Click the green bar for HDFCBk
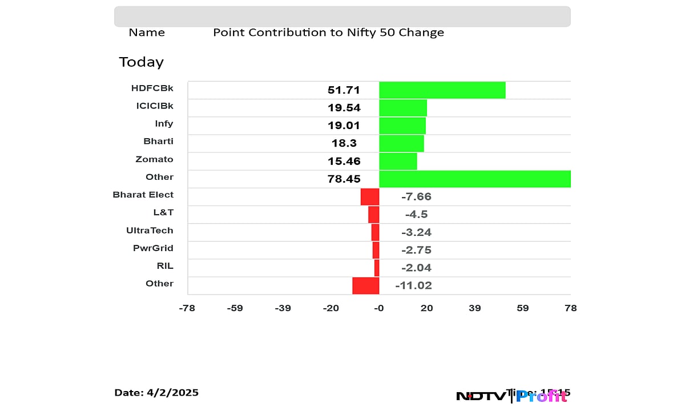click(x=442, y=90)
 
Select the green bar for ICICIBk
click(x=403, y=108)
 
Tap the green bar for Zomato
click(x=398, y=161)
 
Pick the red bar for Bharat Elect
click(x=370, y=196)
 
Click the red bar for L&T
click(x=373, y=214)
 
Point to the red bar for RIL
click(x=377, y=268)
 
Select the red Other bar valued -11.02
click(x=366, y=285)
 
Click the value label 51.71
click(x=344, y=90)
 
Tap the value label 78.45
click(x=344, y=179)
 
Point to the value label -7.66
click(x=416, y=197)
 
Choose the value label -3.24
click(x=416, y=232)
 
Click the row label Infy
click(x=164, y=123)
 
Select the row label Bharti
click(x=158, y=141)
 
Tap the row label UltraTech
click(x=150, y=230)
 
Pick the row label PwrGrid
click(x=153, y=248)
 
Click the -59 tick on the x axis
click(x=235, y=308)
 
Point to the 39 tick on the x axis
click(x=475, y=308)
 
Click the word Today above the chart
click(x=141, y=62)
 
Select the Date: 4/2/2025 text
click(x=156, y=392)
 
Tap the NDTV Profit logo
click(x=511, y=395)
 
